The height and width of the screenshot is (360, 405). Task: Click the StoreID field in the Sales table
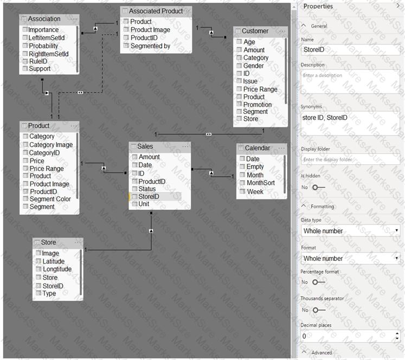[x=149, y=197]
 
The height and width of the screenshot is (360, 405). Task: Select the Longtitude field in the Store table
[x=56, y=269]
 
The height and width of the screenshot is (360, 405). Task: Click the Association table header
[x=44, y=19]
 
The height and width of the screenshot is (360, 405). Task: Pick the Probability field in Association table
[x=43, y=46]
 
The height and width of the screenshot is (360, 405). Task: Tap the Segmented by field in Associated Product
[x=150, y=46]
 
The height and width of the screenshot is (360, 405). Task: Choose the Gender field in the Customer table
[x=253, y=66]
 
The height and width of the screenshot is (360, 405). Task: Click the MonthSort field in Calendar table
[x=260, y=183]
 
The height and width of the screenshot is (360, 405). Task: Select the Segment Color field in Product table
[x=50, y=199]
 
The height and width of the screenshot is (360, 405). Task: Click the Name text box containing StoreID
[x=350, y=49]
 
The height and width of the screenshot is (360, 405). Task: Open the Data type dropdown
[x=350, y=231]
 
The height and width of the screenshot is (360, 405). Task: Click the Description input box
[x=350, y=80]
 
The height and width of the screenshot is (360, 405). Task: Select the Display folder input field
[x=350, y=159]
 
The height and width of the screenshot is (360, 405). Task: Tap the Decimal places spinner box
[x=350, y=336]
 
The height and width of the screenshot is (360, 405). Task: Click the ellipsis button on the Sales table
[x=185, y=146]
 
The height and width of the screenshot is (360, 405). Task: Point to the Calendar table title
[x=257, y=148]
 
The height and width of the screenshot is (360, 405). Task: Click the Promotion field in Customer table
[x=258, y=105]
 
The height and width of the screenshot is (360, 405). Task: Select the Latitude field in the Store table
[x=53, y=261]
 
